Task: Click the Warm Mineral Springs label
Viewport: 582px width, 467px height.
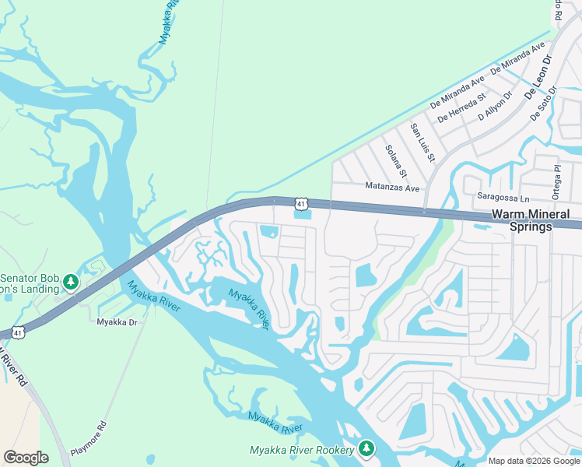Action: point(530,220)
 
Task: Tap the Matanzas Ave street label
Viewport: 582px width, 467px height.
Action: point(392,188)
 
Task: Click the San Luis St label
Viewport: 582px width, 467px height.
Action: point(422,142)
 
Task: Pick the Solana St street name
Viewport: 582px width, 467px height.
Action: point(397,160)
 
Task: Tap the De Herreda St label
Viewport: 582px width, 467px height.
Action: point(461,108)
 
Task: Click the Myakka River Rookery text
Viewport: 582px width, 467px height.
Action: point(302,450)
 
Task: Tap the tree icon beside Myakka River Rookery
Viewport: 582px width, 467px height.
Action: point(366,449)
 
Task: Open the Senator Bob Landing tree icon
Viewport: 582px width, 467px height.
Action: point(71,281)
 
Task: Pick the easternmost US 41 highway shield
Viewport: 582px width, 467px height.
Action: point(301,203)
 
